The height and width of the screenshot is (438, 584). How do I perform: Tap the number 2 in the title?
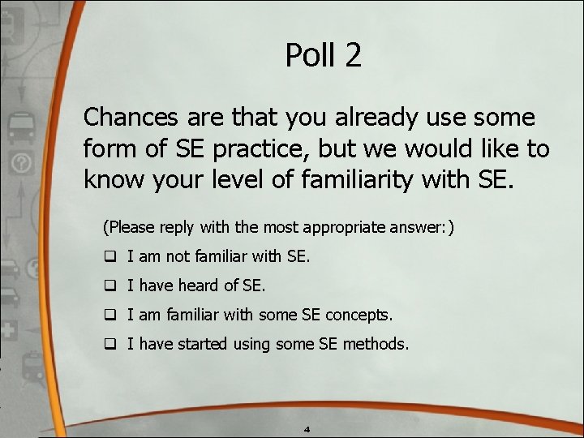click(353, 55)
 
